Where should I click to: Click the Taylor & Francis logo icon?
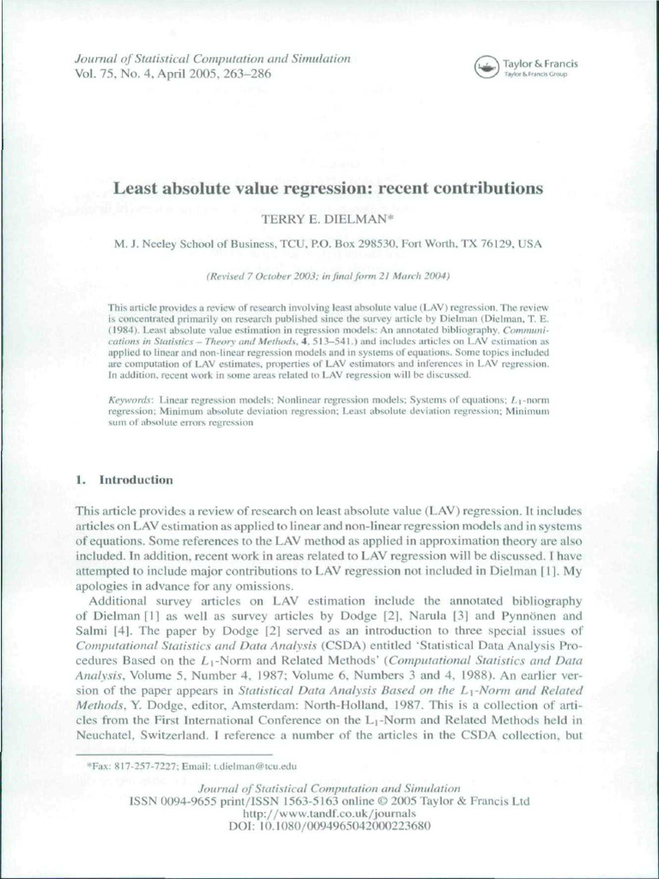click(487, 65)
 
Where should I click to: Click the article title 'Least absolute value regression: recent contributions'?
click(329, 188)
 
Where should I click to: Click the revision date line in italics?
click(329, 276)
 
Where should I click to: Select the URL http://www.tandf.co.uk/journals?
click(329, 813)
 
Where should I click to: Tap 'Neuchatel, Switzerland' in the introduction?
click(142, 736)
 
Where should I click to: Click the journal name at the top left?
click(202, 59)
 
